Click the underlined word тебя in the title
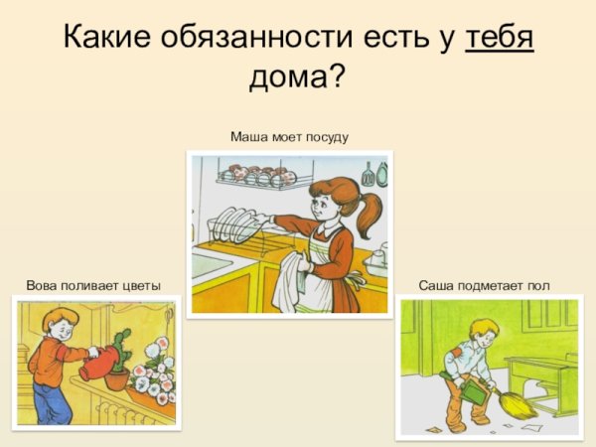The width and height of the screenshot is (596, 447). pos(499,38)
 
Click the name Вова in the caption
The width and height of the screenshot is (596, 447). pos(43,286)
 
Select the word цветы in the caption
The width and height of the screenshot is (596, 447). pos(141,286)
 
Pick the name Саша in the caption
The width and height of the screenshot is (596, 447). pos(437,286)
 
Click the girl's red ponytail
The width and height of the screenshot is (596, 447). pos(369,214)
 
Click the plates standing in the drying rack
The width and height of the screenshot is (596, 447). pos(230,223)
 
